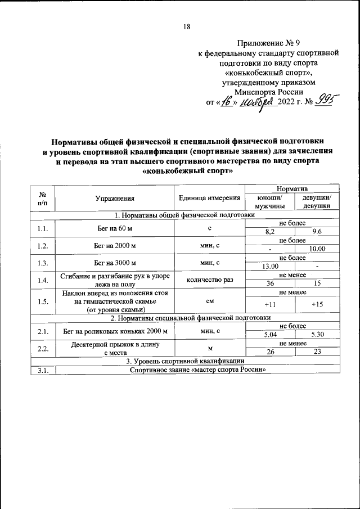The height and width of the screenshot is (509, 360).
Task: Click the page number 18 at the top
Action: click(x=187, y=27)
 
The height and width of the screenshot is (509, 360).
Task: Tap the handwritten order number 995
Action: click(x=326, y=101)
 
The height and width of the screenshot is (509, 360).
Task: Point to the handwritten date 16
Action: click(x=227, y=102)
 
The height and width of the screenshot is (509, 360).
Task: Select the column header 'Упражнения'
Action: click(x=115, y=198)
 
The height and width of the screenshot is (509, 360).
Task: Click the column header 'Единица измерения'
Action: click(x=210, y=198)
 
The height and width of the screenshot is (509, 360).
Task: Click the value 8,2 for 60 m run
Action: click(x=270, y=232)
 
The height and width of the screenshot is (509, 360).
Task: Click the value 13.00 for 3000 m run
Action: click(x=270, y=267)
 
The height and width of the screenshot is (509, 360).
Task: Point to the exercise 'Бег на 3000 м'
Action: click(x=115, y=263)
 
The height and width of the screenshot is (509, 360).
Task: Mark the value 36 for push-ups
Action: click(x=270, y=284)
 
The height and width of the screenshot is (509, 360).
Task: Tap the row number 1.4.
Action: click(x=43, y=280)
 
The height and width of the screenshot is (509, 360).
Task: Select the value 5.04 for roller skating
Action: click(x=270, y=335)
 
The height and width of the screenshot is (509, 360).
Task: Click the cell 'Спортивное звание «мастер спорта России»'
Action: click(x=197, y=370)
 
